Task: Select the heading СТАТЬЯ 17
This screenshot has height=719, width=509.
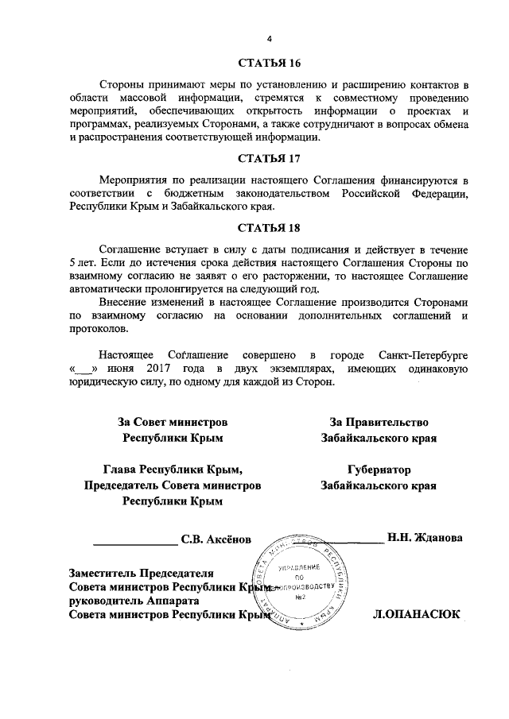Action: (269, 157)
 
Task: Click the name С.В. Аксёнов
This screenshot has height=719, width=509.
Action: (216, 539)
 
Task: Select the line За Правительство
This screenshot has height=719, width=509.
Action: (379, 422)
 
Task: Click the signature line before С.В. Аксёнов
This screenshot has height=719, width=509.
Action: (135, 543)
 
